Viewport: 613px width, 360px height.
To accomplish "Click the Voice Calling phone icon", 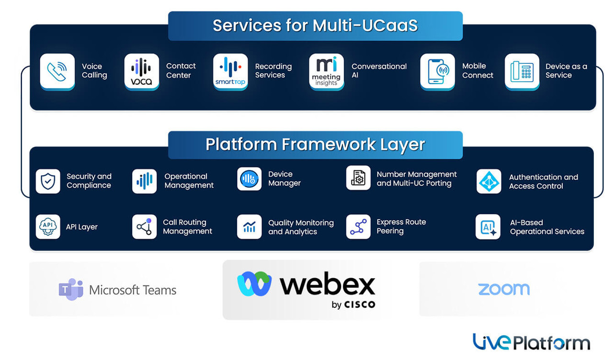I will (x=57, y=71).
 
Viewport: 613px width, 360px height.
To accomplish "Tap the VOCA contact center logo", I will (x=142, y=71).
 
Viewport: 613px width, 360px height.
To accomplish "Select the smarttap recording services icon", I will (x=230, y=71).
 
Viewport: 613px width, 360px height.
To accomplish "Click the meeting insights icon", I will (x=326, y=71).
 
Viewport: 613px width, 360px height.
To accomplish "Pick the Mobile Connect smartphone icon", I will (x=437, y=71).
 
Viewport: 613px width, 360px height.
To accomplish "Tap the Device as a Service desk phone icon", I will (x=522, y=71).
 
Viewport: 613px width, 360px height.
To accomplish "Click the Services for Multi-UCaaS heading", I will (x=315, y=26).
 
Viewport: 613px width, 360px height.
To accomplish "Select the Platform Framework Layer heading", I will (x=315, y=145).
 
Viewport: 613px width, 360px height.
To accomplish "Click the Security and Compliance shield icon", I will (x=48, y=181).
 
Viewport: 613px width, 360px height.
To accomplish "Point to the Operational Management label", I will (x=189, y=181).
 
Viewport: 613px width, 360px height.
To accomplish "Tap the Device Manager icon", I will (x=250, y=179).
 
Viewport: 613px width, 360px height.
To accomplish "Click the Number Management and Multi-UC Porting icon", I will (x=358, y=178).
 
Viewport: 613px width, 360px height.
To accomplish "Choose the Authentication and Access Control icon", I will (x=488, y=181).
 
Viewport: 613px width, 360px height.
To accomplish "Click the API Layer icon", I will (x=48, y=226).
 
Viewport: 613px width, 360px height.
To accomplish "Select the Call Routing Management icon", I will (x=144, y=226).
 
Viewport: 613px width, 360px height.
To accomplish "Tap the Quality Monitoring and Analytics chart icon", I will (x=250, y=226).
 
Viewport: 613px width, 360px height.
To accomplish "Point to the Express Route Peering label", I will (x=401, y=226).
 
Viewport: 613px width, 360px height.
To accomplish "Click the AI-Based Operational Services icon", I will (x=488, y=227).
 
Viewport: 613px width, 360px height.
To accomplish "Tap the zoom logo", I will (x=504, y=289).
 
